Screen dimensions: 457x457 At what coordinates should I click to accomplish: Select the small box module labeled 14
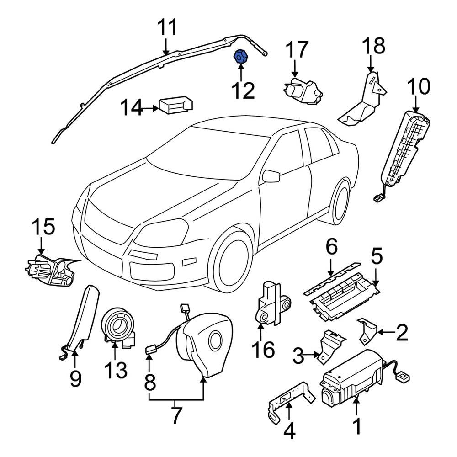175,105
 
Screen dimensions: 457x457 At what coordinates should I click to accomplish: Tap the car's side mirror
271,176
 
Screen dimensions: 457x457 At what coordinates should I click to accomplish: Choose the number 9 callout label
75,378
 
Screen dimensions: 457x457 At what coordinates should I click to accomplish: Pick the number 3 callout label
298,355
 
